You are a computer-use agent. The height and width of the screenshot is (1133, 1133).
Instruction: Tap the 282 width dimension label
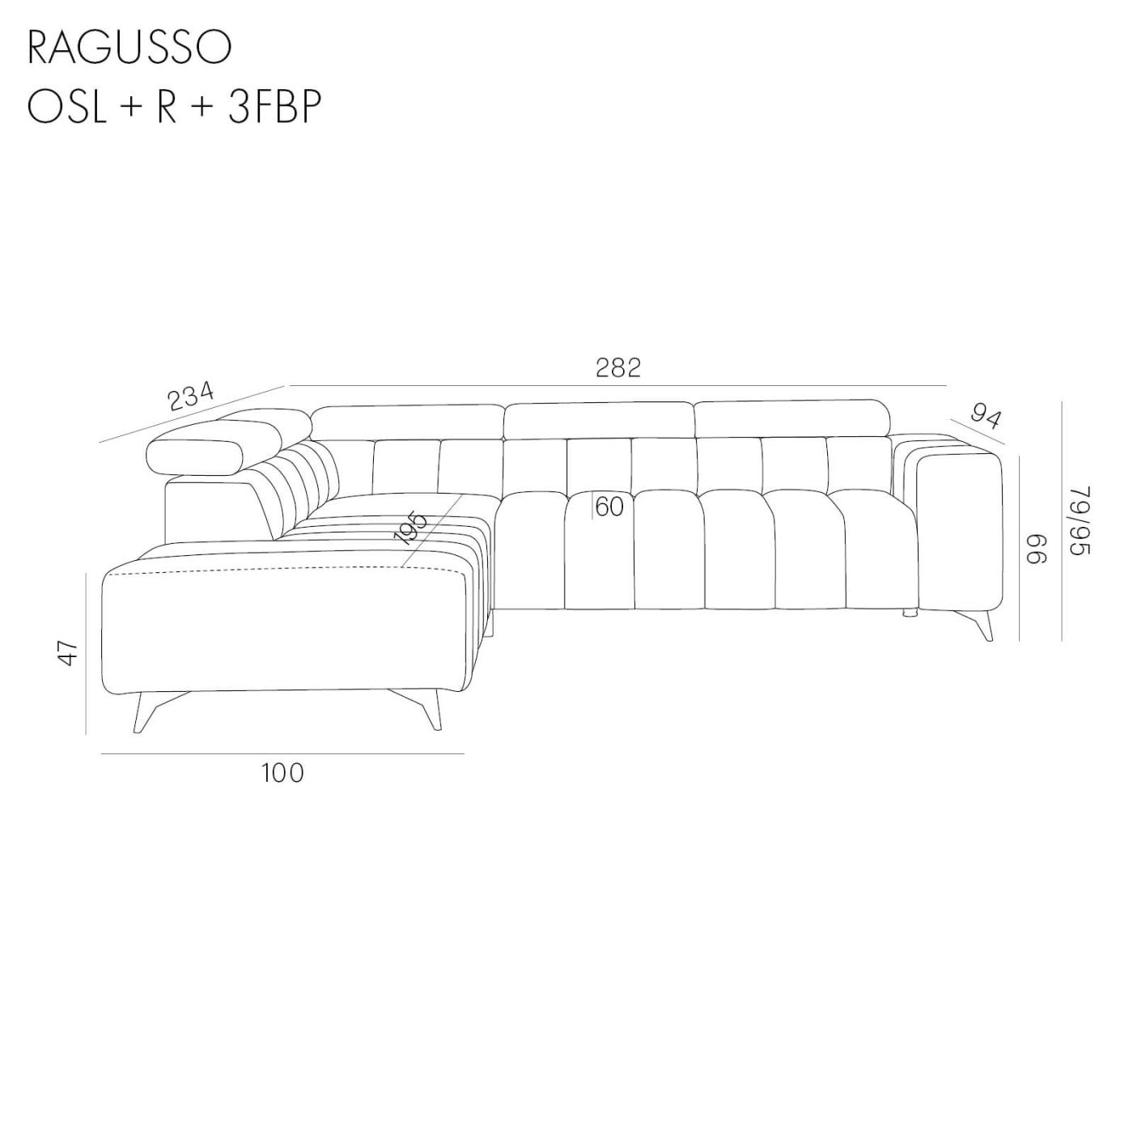point(618,367)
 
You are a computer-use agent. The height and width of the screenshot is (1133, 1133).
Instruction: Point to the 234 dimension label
point(190,397)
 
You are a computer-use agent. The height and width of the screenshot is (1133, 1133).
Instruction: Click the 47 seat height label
point(70,652)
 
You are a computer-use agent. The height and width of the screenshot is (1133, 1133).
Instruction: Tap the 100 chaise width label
point(282,774)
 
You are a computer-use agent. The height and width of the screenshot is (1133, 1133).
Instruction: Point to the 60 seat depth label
point(609,507)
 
